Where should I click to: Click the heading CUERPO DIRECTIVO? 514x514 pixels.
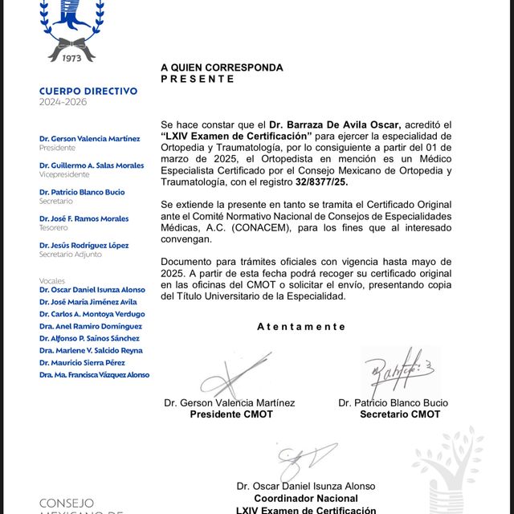pos(88,92)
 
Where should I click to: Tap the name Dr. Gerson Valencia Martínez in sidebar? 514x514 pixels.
pos(89,139)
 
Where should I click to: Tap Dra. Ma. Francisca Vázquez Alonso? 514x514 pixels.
pos(94,374)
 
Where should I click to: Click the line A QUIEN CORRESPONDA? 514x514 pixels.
pos(222,67)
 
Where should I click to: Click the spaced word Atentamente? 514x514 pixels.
pos(301,327)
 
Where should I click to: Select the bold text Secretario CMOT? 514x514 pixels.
pos(400,414)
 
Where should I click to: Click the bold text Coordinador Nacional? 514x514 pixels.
pos(306,498)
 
